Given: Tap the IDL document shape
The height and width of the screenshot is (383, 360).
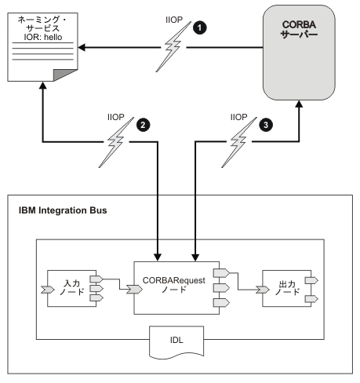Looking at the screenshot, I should [178, 343].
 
